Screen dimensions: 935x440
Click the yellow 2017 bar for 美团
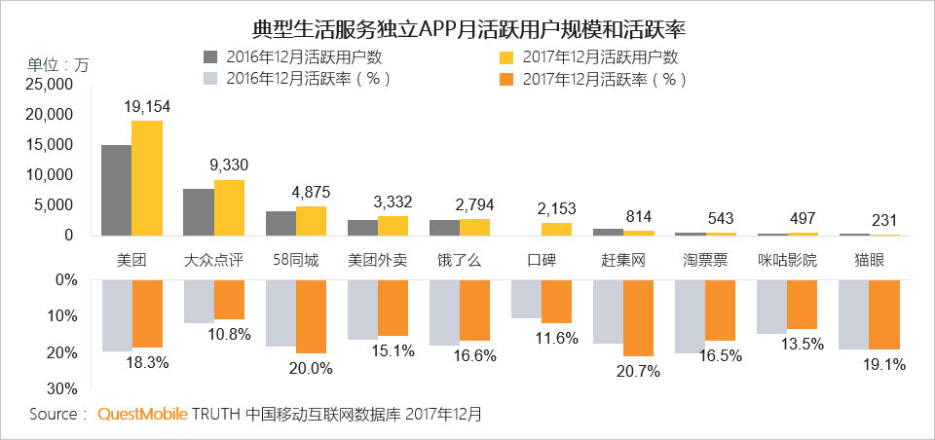[x=147, y=178]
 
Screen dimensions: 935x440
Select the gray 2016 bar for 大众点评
[x=199, y=212]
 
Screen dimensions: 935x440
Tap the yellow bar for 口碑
[x=556, y=230]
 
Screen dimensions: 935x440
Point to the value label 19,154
[x=147, y=107]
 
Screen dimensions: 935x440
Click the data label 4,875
[x=310, y=193]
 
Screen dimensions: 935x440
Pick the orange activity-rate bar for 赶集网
[x=638, y=317]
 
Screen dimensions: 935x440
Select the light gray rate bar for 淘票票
[x=690, y=316]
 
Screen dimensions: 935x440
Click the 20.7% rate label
[x=639, y=372]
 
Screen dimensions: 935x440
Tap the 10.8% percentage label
[x=230, y=335]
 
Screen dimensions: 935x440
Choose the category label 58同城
[x=296, y=261]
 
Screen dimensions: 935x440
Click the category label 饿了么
[x=459, y=261]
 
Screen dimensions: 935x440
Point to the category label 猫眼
[x=869, y=261]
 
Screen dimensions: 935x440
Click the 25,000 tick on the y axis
[x=50, y=86]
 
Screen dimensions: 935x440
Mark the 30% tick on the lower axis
[x=62, y=389]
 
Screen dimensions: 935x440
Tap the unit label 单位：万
[x=57, y=65]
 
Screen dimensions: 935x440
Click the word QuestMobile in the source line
[x=143, y=415]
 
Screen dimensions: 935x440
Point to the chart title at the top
[x=468, y=28]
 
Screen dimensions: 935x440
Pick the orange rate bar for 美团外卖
[x=393, y=309]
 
